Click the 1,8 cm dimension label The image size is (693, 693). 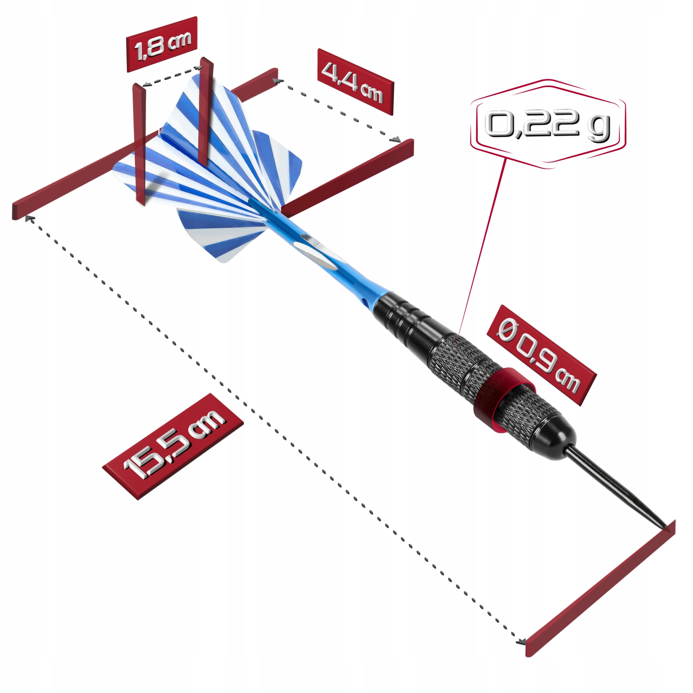point(162,44)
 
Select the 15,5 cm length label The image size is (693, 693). point(173,446)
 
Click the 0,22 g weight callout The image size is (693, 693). point(548,124)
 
